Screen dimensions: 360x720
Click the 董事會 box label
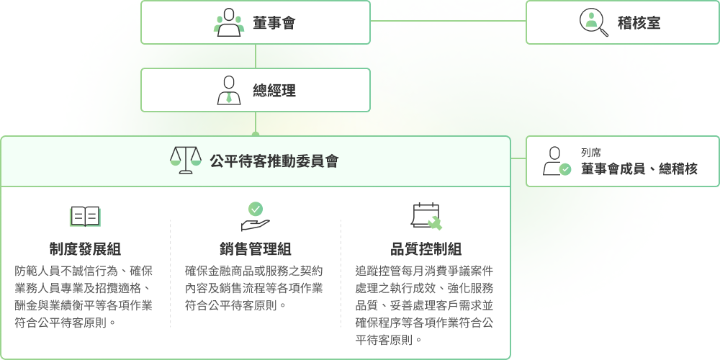click(274, 23)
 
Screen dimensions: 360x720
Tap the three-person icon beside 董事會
click(229, 22)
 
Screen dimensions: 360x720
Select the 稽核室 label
click(639, 23)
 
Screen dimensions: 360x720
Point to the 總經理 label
click(274, 91)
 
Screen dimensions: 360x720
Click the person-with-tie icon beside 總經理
click(229, 90)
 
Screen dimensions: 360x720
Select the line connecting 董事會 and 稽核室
click(448, 21)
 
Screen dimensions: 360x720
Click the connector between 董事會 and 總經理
click(256, 56)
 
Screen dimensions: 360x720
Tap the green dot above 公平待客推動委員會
click(256, 135)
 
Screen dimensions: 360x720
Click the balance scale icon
click(185, 161)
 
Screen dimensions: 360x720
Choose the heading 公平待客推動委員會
click(274, 161)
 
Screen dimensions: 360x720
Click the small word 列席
click(591, 153)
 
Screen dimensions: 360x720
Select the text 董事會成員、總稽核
click(639, 169)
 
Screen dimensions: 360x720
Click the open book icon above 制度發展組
click(85, 216)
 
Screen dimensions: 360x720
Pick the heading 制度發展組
click(85, 249)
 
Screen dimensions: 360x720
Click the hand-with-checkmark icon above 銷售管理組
click(255, 216)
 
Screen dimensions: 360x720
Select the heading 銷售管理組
click(255, 249)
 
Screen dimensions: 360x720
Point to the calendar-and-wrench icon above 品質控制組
click(426, 216)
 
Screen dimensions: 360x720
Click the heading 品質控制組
click(426, 249)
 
